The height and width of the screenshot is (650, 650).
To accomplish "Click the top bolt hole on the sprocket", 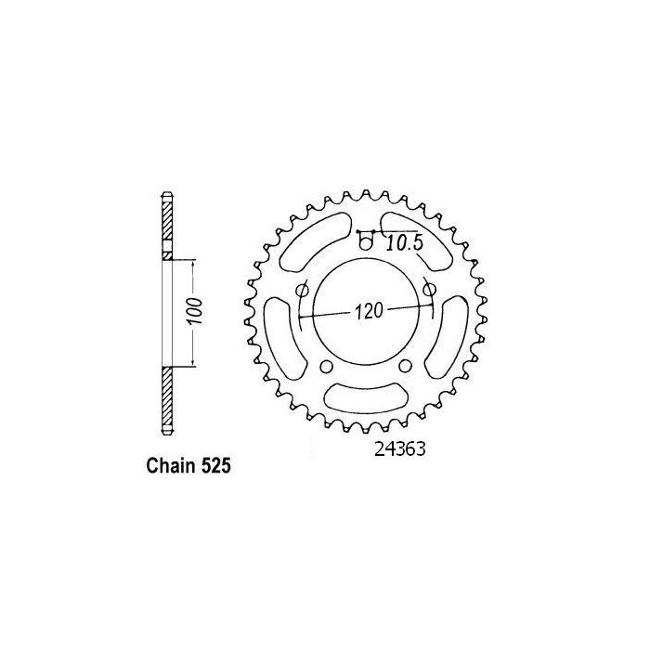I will coord(366,243).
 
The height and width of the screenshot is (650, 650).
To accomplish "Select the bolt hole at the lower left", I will coord(326,366).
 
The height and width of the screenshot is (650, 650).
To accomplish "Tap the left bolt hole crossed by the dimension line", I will coord(302,292).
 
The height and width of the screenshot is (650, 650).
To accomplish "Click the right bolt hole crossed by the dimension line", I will coord(429,291).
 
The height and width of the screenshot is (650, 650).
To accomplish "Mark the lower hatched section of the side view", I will coord(166,399).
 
